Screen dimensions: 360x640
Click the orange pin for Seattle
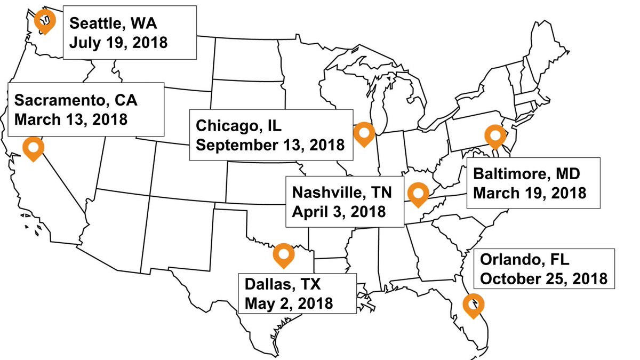coord(45,21)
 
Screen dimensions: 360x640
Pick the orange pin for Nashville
coord(418,194)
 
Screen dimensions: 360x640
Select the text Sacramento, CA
coord(79,100)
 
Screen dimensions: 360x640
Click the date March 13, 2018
coord(70,118)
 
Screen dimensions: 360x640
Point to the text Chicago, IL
coord(238,126)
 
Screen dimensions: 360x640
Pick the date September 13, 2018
coord(270,145)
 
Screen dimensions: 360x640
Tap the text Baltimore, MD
coord(526,174)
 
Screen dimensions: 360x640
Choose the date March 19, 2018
coord(530,192)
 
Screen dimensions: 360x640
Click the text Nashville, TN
coord(341,193)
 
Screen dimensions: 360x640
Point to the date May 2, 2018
coord(289,302)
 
